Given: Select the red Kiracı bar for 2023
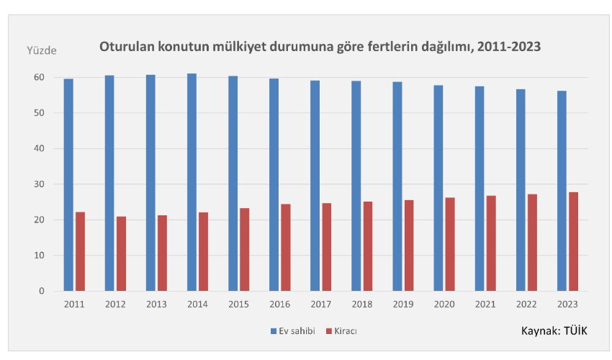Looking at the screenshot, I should point(573,241).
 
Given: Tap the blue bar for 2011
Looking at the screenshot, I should point(68,184).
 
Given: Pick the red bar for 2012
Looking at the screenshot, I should point(121,253).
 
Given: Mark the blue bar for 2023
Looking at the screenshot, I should point(562,191).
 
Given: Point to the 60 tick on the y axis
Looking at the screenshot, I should point(40,77).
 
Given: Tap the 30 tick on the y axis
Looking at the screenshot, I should point(40,184).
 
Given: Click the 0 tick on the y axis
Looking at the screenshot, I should point(42,291).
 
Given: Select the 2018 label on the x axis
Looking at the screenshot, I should point(361,305).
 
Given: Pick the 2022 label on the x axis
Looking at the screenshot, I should point(526,305).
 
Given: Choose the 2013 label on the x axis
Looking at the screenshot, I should point(156,305).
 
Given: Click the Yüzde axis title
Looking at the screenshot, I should point(41,50).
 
